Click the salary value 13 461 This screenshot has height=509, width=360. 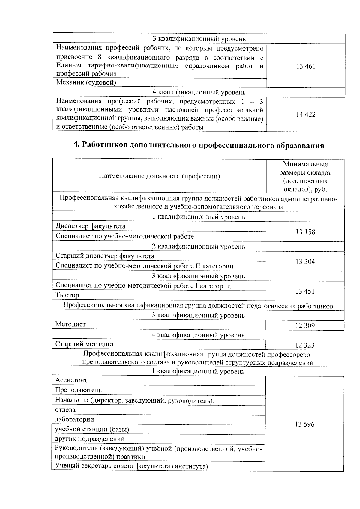(305, 66)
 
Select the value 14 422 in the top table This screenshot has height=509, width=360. (305, 115)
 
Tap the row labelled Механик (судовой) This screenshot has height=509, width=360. (86, 82)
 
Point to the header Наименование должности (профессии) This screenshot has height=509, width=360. (159, 176)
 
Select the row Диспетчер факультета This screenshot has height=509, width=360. (91, 226)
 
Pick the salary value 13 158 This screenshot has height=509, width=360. (305, 232)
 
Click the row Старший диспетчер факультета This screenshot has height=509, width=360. (105, 256)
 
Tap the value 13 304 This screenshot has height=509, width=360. (305, 262)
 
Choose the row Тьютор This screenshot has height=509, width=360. (67, 295)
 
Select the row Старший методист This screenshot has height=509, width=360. (85, 344)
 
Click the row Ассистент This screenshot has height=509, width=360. (71, 380)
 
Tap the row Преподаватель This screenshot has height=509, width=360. (78, 390)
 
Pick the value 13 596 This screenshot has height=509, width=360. (304, 424)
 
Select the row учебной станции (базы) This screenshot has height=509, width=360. (92, 429)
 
